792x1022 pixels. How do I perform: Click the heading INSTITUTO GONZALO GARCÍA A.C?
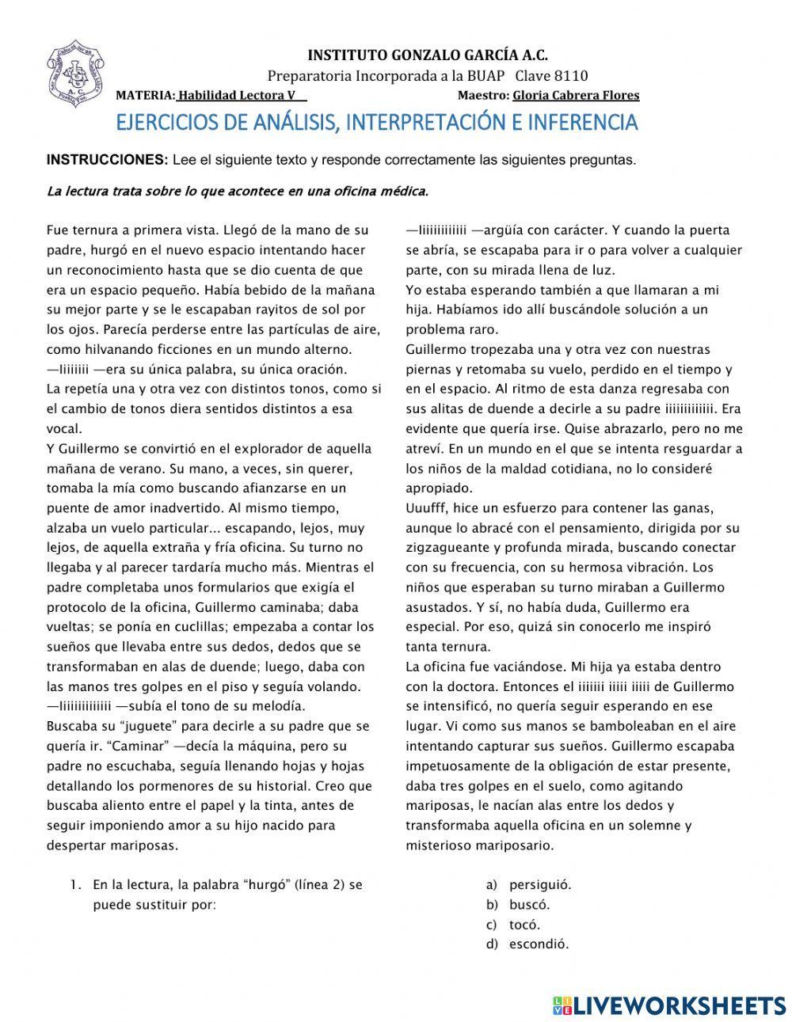tap(427, 55)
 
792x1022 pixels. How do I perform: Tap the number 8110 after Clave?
tap(570, 76)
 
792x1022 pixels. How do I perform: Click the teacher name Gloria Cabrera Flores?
tap(576, 96)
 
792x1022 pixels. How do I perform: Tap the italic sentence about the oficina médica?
tap(238, 191)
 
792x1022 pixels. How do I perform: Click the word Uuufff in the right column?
tap(427, 507)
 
